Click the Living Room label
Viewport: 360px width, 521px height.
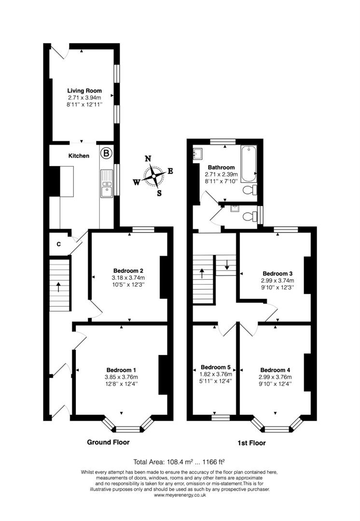point(84,91)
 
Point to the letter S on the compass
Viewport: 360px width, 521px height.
point(159,193)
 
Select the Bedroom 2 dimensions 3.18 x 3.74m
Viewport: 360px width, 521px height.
point(128,278)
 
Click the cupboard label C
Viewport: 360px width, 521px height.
point(58,244)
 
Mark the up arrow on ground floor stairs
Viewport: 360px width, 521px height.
point(58,288)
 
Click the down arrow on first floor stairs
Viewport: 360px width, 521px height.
point(227,265)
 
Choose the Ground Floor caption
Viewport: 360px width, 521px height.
point(108,442)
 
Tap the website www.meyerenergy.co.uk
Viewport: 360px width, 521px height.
point(180,495)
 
